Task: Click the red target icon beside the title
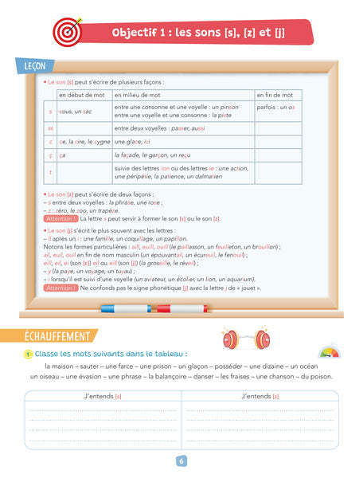pos(67,30)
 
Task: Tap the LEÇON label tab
pos(30,65)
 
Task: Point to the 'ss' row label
pos(51,127)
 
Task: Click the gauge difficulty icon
pos(327,351)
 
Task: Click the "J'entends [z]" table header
pos(260,396)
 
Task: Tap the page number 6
pos(181,460)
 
